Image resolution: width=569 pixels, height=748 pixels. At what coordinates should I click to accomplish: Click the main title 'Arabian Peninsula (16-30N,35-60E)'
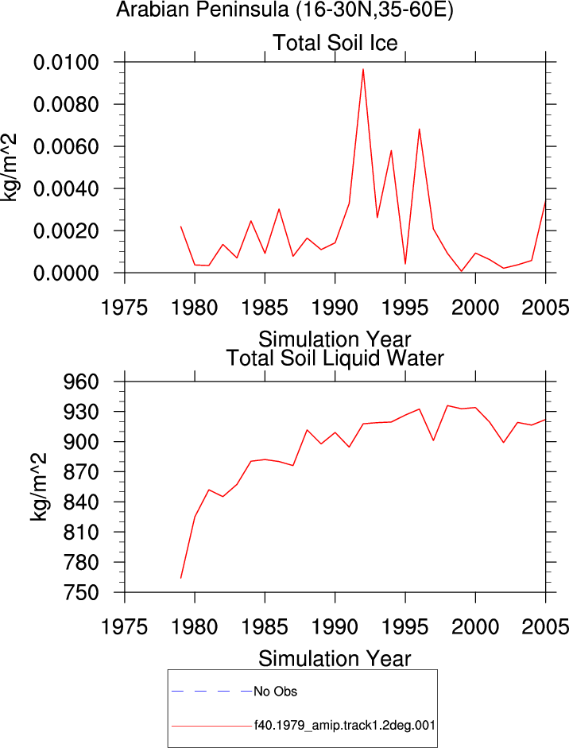284,10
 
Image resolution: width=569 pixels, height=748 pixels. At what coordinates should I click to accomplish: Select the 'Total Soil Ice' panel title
335,43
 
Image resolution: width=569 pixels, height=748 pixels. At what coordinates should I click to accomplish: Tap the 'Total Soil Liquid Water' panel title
335,358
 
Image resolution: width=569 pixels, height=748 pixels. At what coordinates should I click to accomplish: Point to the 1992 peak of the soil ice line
363,69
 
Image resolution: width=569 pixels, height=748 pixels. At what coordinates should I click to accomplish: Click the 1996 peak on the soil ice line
420,129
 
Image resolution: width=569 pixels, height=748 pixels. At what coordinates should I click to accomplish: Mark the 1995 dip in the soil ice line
405,263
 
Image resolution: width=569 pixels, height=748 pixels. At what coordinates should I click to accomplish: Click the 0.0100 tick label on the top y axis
66,62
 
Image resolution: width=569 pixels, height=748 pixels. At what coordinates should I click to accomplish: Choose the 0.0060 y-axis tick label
66,146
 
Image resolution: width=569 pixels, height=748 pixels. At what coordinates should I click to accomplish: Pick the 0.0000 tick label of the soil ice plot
66,273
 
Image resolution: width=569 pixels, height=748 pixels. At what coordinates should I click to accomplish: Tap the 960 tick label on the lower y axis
81,382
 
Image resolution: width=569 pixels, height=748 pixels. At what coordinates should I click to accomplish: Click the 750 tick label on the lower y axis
81,592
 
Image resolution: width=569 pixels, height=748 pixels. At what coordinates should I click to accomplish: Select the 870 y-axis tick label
81,472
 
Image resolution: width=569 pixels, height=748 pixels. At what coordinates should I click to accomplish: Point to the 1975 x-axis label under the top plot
125,308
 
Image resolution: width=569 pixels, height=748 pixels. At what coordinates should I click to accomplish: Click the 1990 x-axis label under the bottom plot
335,627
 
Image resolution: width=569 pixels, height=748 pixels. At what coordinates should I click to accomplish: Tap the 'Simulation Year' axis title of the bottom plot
335,659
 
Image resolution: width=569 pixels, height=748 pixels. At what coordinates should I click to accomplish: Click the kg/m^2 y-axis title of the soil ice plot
9,168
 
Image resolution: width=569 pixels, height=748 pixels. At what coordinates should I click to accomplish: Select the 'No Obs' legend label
275,692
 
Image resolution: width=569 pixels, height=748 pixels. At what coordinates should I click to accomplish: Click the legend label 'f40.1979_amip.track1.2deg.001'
344,726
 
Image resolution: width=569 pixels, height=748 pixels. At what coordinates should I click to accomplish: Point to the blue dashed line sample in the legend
211,691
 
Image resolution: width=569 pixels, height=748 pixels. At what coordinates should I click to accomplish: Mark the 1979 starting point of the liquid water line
180,578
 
